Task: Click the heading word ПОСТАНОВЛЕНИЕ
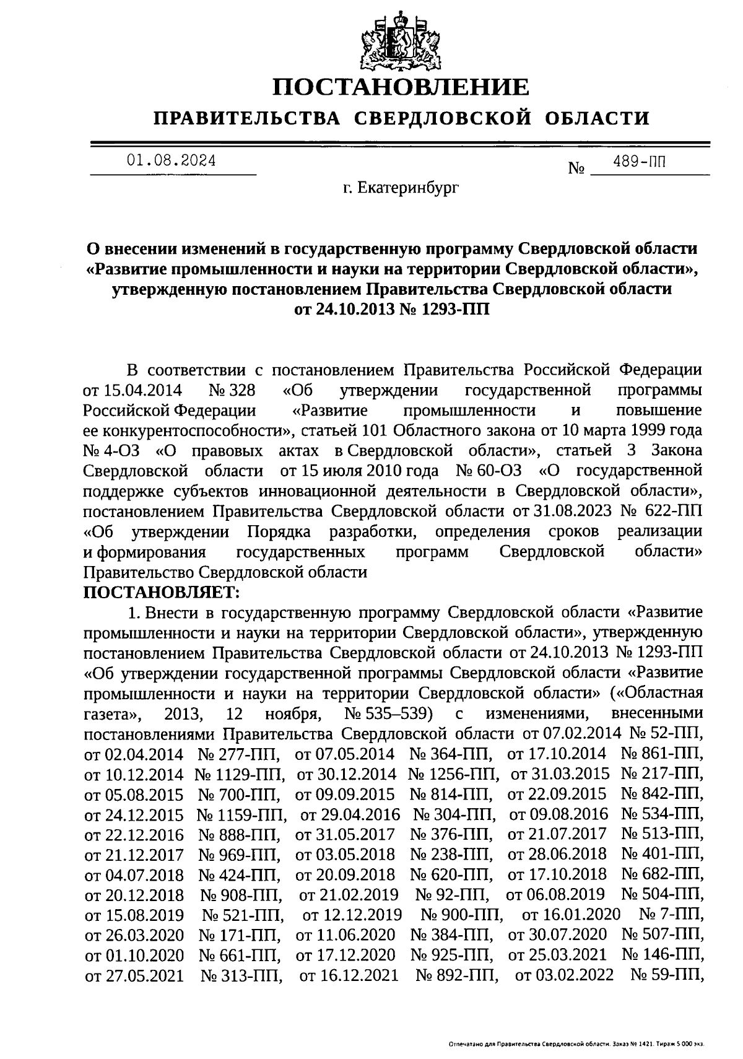tap(402, 86)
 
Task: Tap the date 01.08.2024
tap(172, 161)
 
